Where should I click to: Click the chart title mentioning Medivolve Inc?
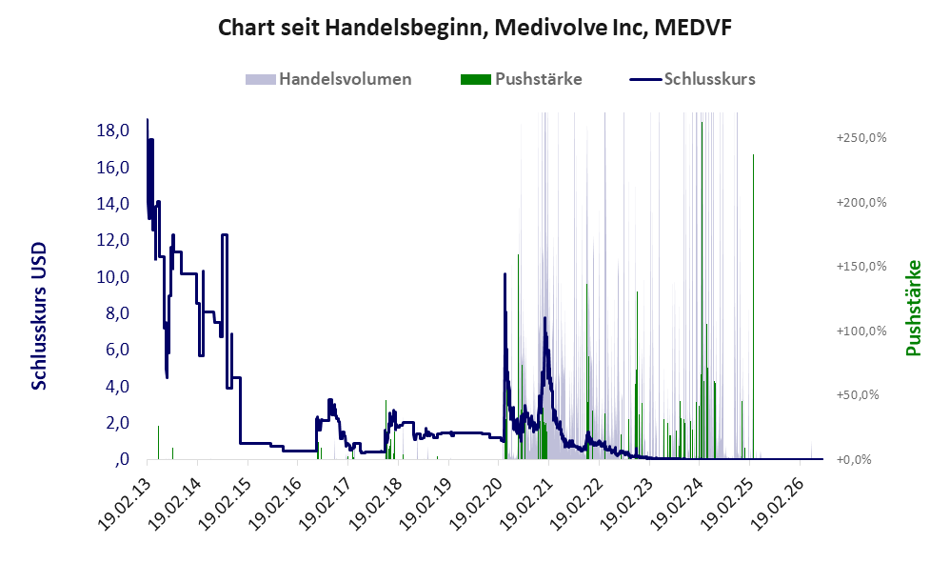(x=474, y=28)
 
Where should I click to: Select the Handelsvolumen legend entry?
(x=328, y=79)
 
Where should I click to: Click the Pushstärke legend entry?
(x=521, y=79)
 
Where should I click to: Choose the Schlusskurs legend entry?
(x=692, y=79)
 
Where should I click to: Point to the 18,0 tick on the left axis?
(x=112, y=130)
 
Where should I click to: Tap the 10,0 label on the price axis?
(x=112, y=277)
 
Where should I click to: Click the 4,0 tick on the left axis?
(x=117, y=386)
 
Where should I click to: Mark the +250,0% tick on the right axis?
(x=861, y=137)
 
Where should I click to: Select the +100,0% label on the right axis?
(x=861, y=331)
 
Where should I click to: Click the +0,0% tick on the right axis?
(x=854, y=459)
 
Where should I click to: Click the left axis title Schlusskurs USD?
(x=39, y=316)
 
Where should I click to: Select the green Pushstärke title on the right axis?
(x=913, y=308)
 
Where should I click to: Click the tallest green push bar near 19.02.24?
(x=702, y=291)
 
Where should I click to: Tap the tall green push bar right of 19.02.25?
(x=753, y=307)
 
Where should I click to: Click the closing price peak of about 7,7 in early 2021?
(x=544, y=318)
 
